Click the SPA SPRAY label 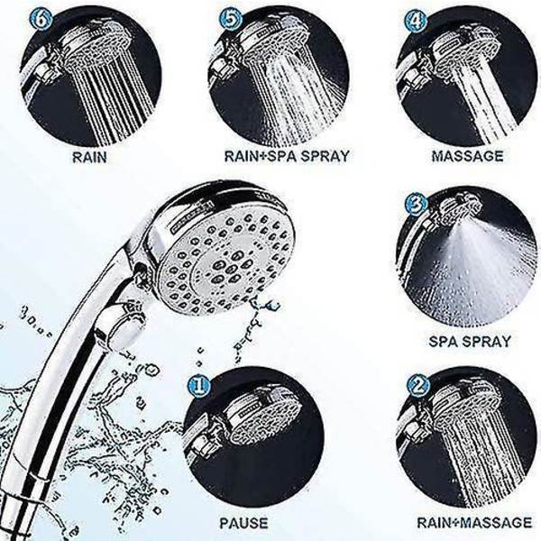coord(470,342)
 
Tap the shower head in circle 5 coord(270,45)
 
